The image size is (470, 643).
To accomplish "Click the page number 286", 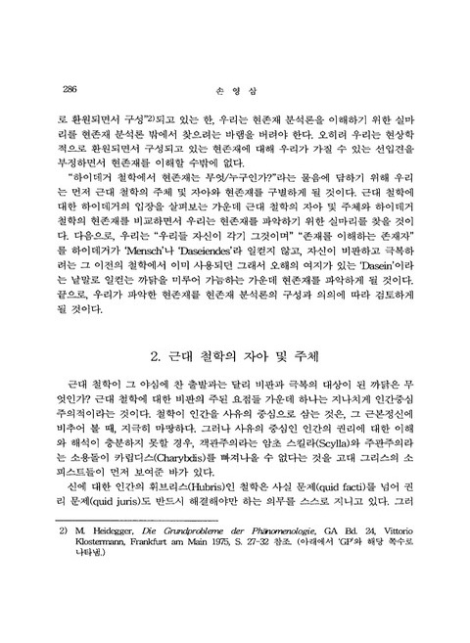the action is [x=70, y=87].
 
